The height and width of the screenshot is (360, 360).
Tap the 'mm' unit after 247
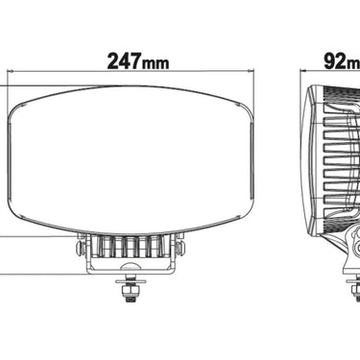154,64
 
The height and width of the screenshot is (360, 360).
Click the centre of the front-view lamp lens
132,159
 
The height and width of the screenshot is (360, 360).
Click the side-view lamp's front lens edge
309,158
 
